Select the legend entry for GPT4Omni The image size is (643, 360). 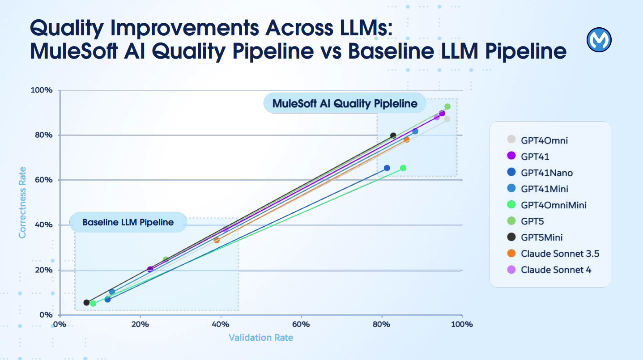[544, 140]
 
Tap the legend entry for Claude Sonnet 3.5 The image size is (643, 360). [559, 254]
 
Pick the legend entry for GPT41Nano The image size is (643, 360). [546, 173]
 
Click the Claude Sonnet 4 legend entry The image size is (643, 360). [556, 270]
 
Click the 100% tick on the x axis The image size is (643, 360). [461, 324]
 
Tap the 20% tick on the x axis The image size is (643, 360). [140, 324]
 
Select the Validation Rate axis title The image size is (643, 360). [261, 337]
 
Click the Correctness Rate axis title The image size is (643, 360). [22, 202]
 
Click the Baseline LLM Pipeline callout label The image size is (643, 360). [128, 222]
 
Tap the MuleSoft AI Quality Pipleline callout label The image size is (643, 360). [345, 104]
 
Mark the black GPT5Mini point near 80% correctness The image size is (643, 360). [393, 136]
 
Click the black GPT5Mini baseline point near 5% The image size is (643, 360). [86, 302]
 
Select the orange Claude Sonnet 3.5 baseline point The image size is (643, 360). [217, 240]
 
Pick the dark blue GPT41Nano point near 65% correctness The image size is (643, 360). [387, 168]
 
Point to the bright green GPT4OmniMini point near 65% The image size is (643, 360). [403, 168]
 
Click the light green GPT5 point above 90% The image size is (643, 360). [447, 106]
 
